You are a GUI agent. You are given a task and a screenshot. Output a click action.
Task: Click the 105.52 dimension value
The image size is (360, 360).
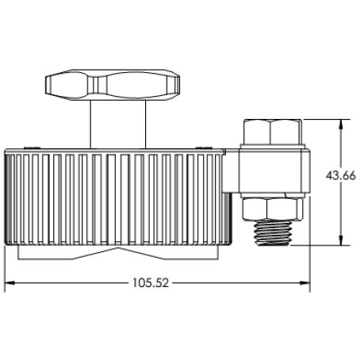[x=151, y=283]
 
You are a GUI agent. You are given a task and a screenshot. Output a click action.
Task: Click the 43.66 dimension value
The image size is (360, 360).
[x=341, y=176]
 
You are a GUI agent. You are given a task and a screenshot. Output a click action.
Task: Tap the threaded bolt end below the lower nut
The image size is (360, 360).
[x=273, y=233]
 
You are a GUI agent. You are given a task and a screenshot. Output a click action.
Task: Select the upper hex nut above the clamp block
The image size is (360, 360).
[x=273, y=132]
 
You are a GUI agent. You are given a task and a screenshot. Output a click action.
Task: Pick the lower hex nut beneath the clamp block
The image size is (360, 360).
[x=273, y=209]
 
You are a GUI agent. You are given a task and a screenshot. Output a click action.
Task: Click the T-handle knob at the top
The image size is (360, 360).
[x=113, y=85]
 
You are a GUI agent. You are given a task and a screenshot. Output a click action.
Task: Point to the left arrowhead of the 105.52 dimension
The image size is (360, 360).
[x=10, y=283]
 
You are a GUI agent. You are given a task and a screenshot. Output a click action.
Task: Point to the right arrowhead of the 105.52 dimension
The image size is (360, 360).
[x=305, y=283]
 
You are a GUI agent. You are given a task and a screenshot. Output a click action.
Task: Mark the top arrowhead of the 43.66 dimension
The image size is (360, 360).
[x=341, y=124]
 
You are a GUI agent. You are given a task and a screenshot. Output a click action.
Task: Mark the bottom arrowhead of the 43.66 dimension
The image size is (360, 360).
[x=341, y=240]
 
